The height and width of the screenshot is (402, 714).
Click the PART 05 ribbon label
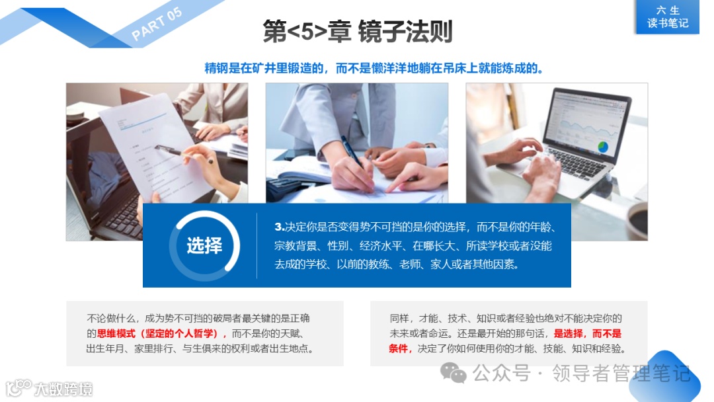coord(157,26)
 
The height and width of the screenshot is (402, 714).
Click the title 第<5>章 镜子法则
coord(357,32)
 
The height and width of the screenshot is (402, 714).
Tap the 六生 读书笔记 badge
coord(668,17)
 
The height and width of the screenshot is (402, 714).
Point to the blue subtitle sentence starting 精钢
coord(374,68)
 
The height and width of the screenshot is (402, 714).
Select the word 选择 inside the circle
coord(204,245)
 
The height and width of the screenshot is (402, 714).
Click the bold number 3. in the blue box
coord(279,227)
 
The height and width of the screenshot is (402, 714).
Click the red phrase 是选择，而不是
coord(587,333)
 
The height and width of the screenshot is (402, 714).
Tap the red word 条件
coord(400,348)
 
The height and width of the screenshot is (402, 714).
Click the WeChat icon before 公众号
coord(454,374)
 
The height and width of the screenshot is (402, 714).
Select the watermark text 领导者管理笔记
coord(621,374)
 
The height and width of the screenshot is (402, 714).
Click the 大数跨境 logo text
coord(63,389)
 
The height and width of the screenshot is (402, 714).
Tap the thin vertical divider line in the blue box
coord(257,245)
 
